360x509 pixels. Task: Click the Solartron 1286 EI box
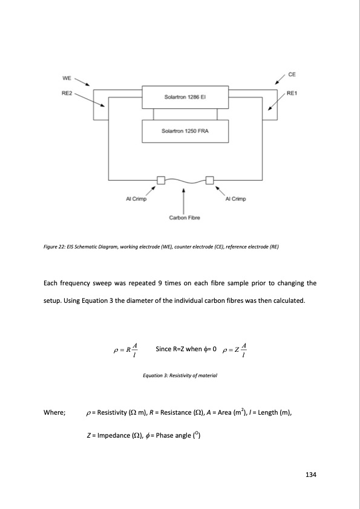(x=185, y=97)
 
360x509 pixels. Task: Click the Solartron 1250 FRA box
(x=185, y=131)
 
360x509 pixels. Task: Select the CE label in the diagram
(x=292, y=74)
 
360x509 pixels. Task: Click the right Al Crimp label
(x=235, y=199)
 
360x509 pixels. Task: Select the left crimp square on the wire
(x=161, y=180)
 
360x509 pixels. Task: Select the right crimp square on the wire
(x=210, y=180)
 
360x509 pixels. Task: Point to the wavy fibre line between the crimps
(x=185, y=180)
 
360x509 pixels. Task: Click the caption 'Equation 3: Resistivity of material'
(x=179, y=375)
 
